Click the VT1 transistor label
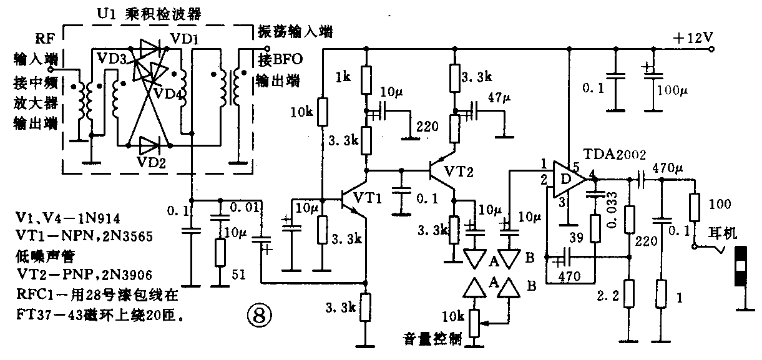click(x=368, y=197)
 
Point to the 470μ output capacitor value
click(x=668, y=167)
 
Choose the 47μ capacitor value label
click(x=499, y=98)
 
